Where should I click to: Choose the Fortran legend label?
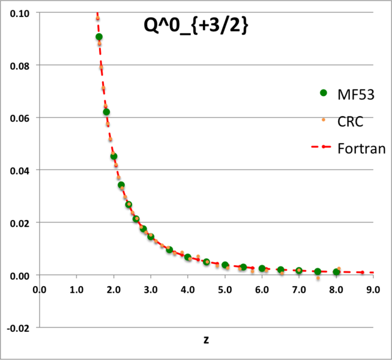361,147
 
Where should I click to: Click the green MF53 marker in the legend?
324,93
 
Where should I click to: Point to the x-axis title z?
206,340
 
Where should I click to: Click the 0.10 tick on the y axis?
21,13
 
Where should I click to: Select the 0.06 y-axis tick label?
21,118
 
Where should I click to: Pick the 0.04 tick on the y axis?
21,170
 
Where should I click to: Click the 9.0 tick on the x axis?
373,290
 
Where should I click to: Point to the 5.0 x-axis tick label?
225,290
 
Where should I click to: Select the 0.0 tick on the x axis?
40,290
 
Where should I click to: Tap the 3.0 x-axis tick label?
151,290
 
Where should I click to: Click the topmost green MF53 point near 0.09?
99,37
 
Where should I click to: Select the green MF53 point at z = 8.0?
336,272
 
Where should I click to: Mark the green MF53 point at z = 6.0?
262,268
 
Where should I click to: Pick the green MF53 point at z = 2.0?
113,156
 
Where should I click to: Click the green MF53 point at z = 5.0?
225,265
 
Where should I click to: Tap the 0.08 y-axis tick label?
21,65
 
